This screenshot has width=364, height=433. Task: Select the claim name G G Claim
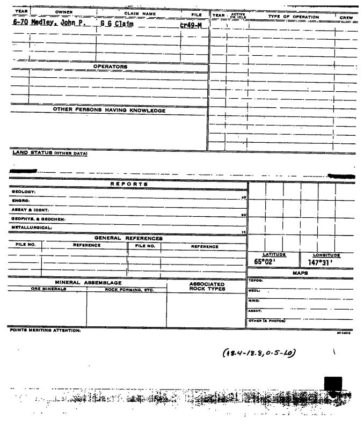pos(117,24)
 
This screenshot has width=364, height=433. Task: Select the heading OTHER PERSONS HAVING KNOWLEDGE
pos(109,111)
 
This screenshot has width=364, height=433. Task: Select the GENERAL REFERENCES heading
pos(128,238)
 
